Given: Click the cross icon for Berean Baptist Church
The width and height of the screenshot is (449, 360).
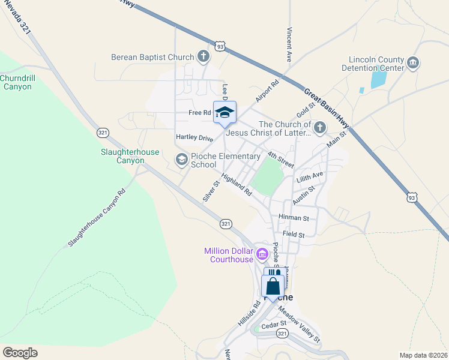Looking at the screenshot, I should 203,57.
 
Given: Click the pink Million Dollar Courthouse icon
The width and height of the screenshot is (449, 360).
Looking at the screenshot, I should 262,254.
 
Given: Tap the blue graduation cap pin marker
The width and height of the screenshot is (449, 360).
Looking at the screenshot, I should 224,113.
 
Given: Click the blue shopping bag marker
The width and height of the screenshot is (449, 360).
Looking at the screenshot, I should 273,287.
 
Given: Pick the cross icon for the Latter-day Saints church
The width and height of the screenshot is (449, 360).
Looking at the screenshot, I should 320,128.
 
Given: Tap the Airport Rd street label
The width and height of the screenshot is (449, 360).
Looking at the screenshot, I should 267,91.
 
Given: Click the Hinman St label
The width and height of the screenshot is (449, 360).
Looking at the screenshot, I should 294,218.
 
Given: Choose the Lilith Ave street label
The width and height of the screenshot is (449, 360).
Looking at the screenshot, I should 310,177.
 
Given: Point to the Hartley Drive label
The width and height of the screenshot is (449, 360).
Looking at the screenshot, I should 194,137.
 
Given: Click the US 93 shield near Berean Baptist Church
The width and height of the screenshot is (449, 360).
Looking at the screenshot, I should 220,46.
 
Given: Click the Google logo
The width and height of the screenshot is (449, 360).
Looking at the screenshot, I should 20,353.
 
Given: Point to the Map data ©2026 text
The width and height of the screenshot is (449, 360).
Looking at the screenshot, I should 424,355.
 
